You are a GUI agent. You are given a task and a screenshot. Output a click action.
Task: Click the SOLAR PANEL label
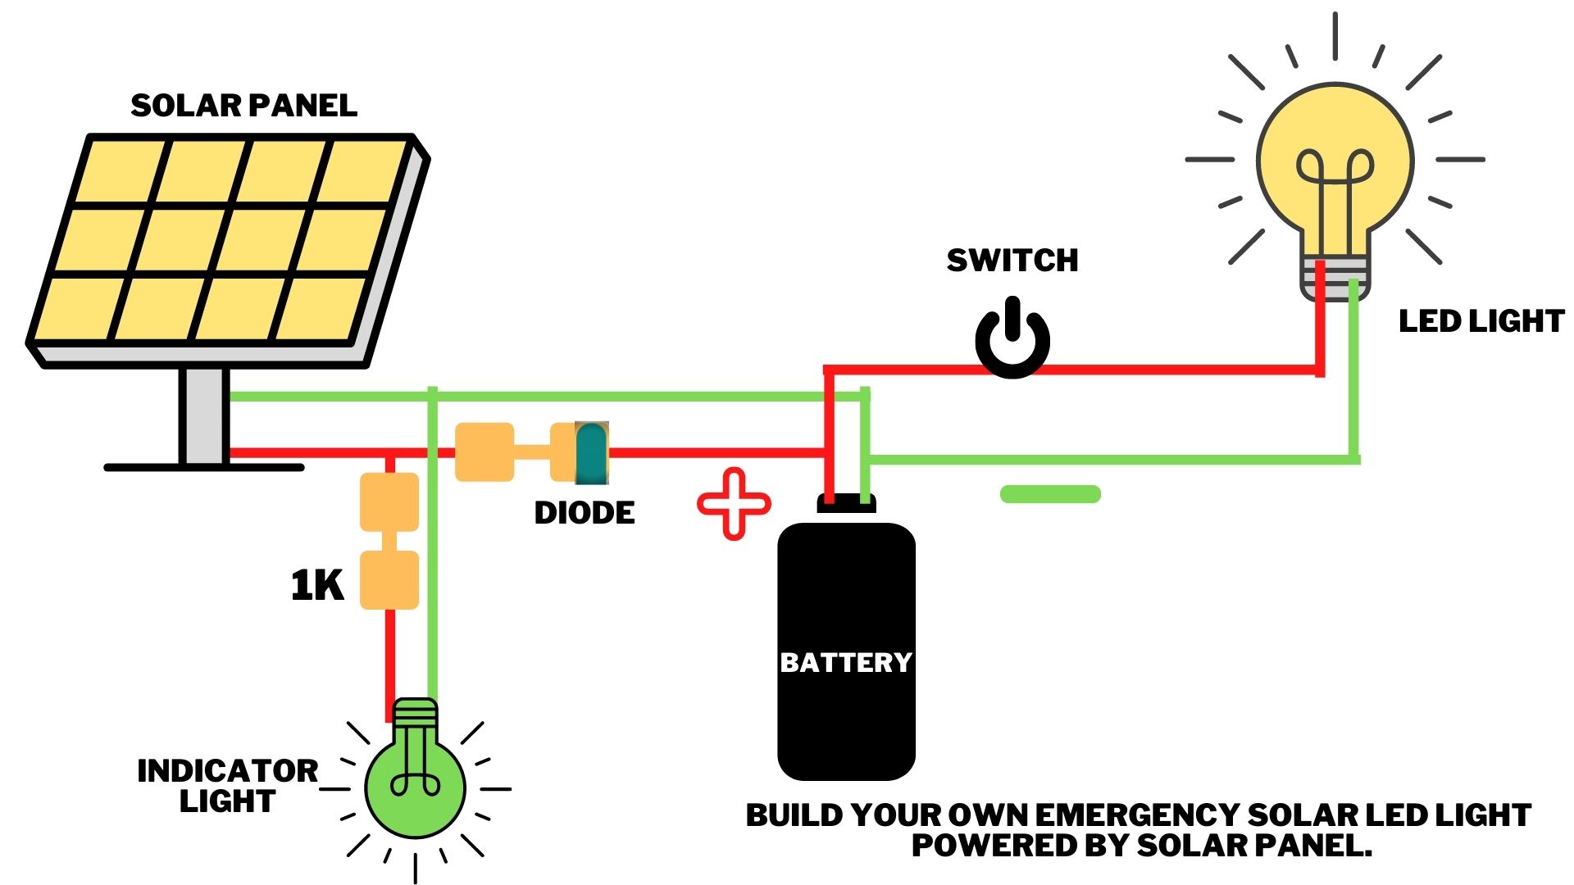pyautogui.click(x=243, y=106)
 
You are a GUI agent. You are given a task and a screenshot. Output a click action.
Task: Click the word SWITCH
pyautogui.click(x=1012, y=261)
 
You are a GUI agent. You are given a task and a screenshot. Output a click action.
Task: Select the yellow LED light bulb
pyautogui.click(x=1335, y=164)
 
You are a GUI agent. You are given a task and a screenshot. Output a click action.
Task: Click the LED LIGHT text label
pyautogui.click(x=1481, y=321)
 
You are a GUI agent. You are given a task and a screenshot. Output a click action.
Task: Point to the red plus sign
pyautogui.click(x=734, y=503)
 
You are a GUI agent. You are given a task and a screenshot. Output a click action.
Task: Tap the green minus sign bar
pyautogui.click(x=1050, y=493)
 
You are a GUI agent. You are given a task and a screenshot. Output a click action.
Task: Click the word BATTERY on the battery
pyautogui.click(x=846, y=662)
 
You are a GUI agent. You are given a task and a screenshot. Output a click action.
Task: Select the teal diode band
pyautogui.click(x=591, y=453)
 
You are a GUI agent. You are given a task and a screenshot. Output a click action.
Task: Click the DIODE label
pyautogui.click(x=585, y=513)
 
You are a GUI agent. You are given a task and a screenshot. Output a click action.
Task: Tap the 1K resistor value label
pyautogui.click(x=317, y=586)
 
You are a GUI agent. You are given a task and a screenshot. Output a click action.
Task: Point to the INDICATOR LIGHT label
pyautogui.click(x=227, y=785)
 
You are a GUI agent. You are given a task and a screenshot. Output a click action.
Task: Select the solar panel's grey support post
pyautogui.click(x=203, y=415)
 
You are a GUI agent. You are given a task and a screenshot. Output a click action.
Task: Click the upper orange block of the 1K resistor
pyautogui.click(x=389, y=501)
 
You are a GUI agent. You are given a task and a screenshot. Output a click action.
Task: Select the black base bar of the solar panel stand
pyautogui.click(x=203, y=467)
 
